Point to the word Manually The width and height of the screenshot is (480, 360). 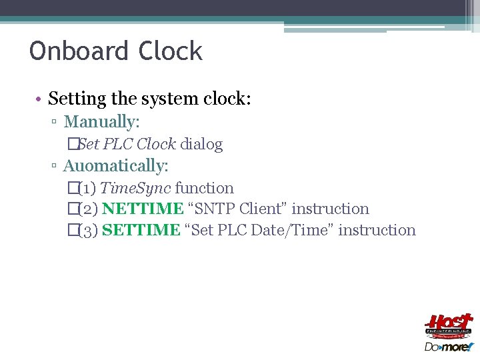[100, 122]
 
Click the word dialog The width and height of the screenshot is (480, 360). [201, 144]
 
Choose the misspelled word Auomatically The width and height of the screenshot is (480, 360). [115, 165]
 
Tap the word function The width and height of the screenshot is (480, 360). [205, 188]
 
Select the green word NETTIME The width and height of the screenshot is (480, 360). [143, 209]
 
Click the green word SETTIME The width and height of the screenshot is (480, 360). [141, 230]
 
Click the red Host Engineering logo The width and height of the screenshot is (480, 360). [449, 326]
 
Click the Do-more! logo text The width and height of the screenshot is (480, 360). [448, 347]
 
